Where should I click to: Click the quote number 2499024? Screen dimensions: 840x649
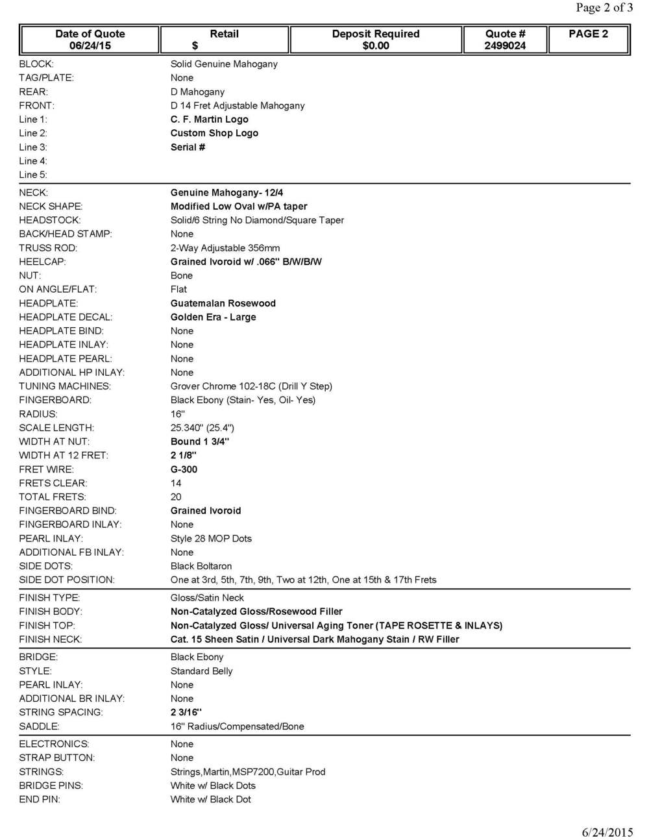(505, 45)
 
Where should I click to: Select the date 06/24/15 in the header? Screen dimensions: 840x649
(90, 45)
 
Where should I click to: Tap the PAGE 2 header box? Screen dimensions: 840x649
(588, 34)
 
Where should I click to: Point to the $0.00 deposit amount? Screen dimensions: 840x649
(376, 45)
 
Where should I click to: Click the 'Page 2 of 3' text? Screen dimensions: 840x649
(604, 8)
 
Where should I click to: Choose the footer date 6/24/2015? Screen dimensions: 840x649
(607, 832)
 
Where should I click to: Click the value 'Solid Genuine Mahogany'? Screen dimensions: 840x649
(224, 64)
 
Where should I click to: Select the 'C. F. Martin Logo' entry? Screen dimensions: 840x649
(209, 119)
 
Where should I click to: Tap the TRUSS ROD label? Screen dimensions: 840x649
(48, 248)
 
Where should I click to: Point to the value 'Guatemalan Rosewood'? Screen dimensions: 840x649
(223, 303)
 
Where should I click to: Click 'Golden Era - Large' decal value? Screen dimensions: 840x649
(213, 317)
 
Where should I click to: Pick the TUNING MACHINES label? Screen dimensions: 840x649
(65, 386)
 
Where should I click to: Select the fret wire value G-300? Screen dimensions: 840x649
(184, 469)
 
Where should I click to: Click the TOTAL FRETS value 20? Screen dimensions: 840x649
(176, 497)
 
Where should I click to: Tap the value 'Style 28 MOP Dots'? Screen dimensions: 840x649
(211, 538)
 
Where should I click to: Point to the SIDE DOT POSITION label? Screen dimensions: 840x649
(67, 580)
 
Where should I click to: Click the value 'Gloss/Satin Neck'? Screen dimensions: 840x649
(207, 598)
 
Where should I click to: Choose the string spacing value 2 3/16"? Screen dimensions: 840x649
(186, 712)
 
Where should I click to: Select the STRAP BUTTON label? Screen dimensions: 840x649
(57, 758)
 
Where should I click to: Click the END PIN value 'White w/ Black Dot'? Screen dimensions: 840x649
(210, 799)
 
